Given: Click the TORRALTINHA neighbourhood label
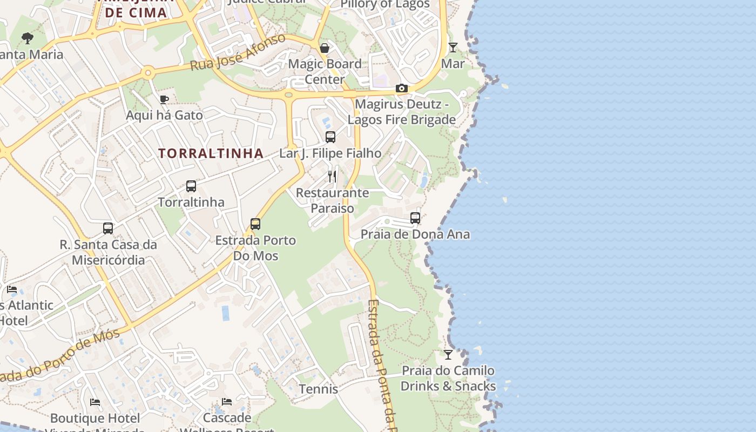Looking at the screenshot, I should click(211, 153).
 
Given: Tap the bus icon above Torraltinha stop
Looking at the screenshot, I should click(191, 186).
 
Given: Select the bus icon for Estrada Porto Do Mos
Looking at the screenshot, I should click(255, 224).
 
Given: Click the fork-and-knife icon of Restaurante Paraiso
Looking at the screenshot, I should click(332, 176).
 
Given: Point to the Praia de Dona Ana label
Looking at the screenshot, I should click(415, 234).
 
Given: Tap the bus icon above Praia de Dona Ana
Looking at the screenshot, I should click(415, 218).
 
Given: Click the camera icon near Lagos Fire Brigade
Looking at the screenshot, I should click(401, 88).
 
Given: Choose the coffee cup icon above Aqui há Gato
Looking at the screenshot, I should click(164, 99).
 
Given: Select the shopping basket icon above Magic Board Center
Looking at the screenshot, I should click(325, 48).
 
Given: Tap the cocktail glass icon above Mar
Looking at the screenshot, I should click(453, 48).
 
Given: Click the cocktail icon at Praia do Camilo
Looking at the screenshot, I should click(448, 355).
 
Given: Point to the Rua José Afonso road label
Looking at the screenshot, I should click(238, 53).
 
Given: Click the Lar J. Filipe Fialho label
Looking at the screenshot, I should click(330, 153).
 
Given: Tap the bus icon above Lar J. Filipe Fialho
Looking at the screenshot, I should click(330, 137).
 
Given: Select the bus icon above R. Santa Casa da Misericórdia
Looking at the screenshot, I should click(108, 228).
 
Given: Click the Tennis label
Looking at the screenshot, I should click(319, 389).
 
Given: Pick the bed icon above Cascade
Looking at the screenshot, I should click(227, 402).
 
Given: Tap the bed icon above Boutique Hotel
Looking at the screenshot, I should click(95, 402).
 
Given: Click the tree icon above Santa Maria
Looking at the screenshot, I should click(28, 38).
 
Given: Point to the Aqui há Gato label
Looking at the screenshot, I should click(164, 115).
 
